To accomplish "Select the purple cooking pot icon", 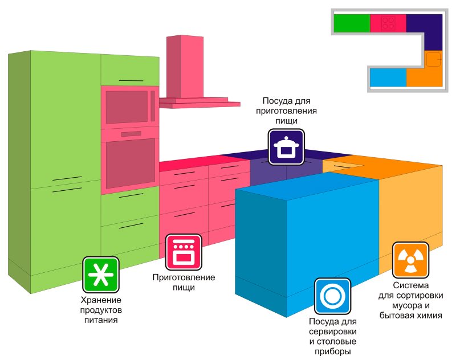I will [x=286, y=147].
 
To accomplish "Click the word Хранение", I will [x=100, y=300].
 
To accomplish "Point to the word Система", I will [x=409, y=285].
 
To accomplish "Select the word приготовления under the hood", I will [x=286, y=111].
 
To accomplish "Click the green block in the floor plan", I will [x=351, y=23].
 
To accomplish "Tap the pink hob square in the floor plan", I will [x=388, y=23].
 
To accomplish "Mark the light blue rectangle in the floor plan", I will [x=388, y=77].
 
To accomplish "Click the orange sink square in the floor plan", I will [x=433, y=59].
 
